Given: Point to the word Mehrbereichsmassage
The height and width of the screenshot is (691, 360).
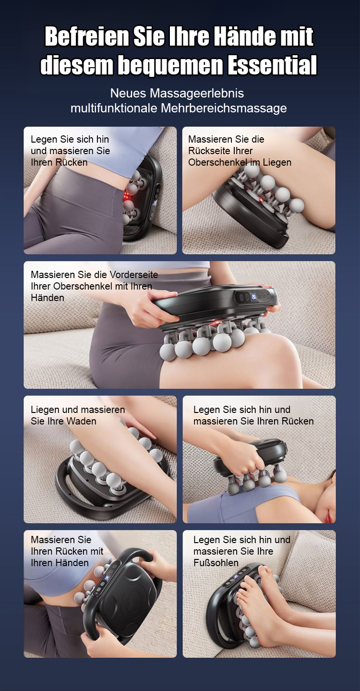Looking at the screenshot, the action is tap(224, 108).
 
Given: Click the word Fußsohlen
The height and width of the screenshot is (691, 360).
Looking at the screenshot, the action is tap(216, 563).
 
